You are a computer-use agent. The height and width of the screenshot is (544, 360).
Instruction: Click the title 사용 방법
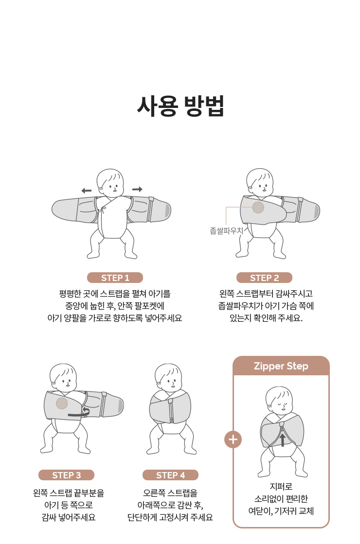click(180, 106)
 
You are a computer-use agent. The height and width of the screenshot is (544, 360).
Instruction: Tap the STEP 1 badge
click(115, 278)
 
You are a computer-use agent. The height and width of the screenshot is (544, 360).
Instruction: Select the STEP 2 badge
click(264, 278)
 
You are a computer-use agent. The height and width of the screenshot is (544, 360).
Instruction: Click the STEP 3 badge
click(66, 475)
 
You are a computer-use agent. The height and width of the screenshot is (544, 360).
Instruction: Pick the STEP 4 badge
click(170, 475)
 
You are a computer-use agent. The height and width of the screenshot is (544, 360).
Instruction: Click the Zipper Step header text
click(281, 366)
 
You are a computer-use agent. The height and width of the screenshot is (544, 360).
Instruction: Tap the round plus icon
click(233, 439)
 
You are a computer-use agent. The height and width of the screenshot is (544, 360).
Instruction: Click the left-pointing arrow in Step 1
click(87, 191)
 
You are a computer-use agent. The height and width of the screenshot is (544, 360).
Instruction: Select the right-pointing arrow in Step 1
click(138, 189)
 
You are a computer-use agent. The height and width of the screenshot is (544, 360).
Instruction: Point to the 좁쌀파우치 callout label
click(226, 231)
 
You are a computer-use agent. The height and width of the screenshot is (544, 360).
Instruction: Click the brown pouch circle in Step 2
click(258, 208)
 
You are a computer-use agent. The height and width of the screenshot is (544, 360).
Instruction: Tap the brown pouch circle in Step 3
click(62, 404)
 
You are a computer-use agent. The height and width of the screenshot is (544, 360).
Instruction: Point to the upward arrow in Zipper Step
click(283, 439)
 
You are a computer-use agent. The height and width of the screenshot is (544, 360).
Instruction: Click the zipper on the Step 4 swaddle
click(171, 411)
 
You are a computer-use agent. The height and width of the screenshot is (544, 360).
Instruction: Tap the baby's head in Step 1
click(109, 183)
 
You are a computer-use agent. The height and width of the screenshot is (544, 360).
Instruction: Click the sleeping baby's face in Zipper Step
click(279, 400)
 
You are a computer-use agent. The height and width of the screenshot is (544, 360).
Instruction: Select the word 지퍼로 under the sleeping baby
click(281, 487)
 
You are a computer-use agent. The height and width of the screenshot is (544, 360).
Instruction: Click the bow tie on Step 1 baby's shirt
click(103, 210)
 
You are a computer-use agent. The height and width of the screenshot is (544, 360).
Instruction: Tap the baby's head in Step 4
click(168, 377)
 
